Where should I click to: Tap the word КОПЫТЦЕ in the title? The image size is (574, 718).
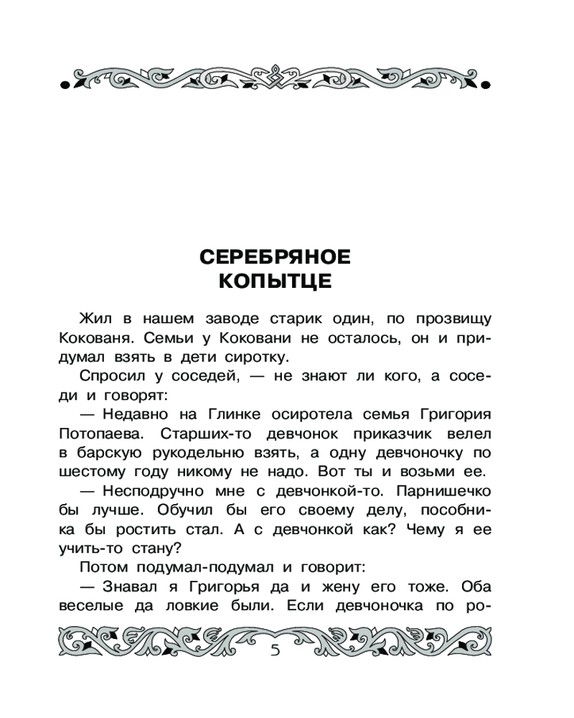click(x=274, y=281)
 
